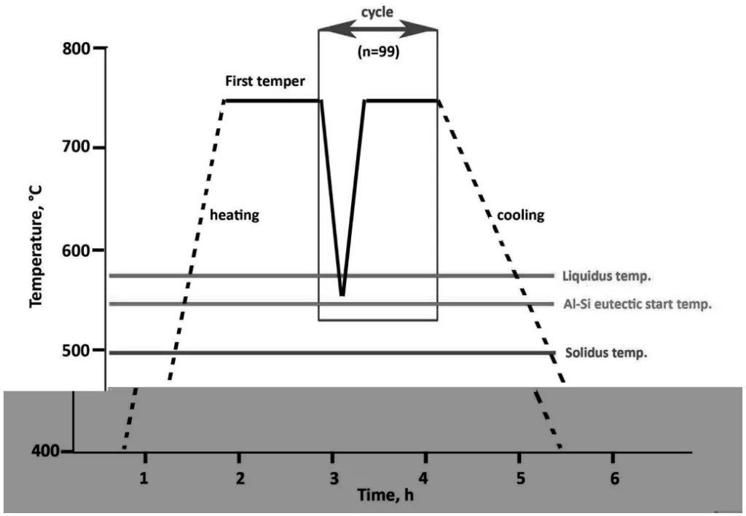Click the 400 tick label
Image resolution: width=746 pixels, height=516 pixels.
coord(44,451)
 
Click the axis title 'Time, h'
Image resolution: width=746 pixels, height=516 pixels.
coord(386,496)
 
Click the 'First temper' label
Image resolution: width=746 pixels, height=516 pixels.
coord(265,82)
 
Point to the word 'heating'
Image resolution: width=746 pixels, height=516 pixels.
coord(235,215)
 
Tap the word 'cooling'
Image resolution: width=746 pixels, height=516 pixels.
coord(520,215)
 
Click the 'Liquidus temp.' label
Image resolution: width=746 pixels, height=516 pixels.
coord(606,276)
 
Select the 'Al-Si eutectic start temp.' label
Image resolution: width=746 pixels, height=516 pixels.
coord(637,304)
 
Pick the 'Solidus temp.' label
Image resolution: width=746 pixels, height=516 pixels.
coord(606,353)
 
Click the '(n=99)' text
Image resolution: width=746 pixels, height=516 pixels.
coord(378,52)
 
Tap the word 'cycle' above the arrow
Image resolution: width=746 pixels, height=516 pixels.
coord(378,13)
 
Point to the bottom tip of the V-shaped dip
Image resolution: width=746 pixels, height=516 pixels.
coord(342,294)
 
